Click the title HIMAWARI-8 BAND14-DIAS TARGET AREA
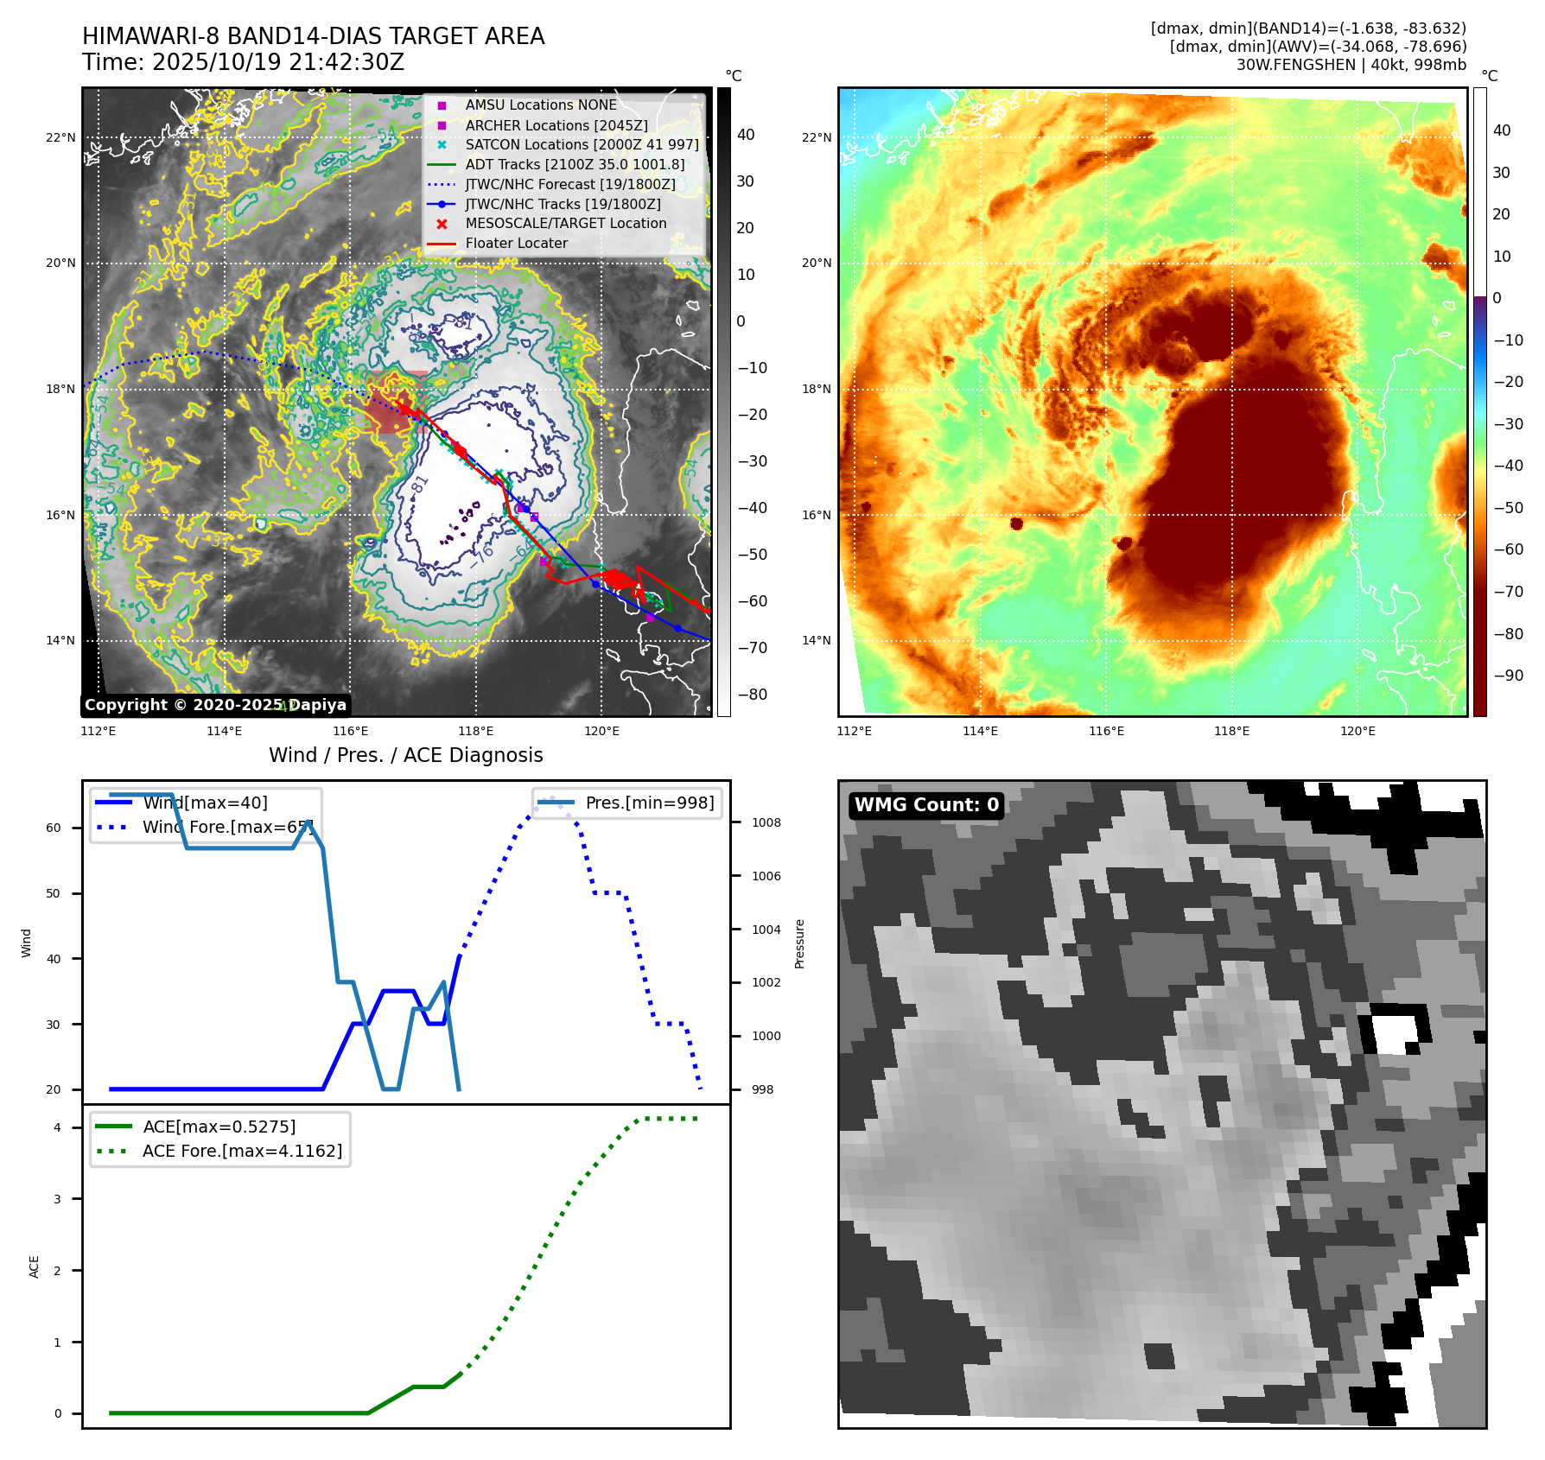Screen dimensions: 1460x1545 (x=313, y=36)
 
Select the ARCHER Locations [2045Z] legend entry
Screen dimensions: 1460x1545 (x=556, y=125)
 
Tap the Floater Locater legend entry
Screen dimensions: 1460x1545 (x=516, y=244)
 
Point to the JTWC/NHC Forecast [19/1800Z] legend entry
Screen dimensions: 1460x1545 (x=569, y=184)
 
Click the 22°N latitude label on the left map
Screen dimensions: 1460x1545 (x=60, y=137)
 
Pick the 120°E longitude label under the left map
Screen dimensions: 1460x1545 (x=601, y=731)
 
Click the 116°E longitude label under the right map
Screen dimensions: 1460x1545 (x=1106, y=731)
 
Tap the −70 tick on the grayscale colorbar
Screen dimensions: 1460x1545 (x=752, y=648)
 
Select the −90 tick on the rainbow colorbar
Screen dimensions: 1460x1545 (x=1508, y=676)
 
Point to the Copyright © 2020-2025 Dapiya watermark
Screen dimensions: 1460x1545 (x=215, y=705)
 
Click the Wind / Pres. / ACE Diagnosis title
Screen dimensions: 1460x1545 (x=405, y=755)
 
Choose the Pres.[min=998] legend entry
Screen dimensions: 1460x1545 (x=649, y=803)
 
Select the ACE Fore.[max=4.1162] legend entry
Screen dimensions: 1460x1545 (x=242, y=1151)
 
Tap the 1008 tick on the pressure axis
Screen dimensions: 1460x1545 (x=766, y=822)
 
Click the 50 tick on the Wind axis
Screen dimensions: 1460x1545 (x=54, y=893)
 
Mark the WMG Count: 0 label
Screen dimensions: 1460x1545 (x=926, y=805)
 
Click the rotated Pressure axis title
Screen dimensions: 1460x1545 (x=799, y=943)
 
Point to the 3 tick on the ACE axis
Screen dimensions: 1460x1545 (x=58, y=1199)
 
